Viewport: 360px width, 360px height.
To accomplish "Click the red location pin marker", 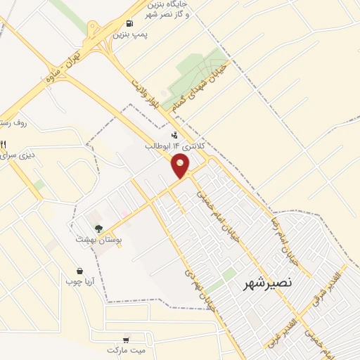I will click(181, 166).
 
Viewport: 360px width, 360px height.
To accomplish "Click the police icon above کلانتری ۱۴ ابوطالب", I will click(174, 134).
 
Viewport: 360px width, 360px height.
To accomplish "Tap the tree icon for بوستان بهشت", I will click(98, 228).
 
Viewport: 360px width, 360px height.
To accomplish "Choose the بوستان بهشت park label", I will click(99, 239).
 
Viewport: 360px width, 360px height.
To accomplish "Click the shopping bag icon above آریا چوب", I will click(79, 271).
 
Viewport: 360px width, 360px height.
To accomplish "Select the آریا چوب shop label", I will click(79, 282).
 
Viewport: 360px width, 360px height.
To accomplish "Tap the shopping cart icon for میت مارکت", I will click(126, 338).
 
